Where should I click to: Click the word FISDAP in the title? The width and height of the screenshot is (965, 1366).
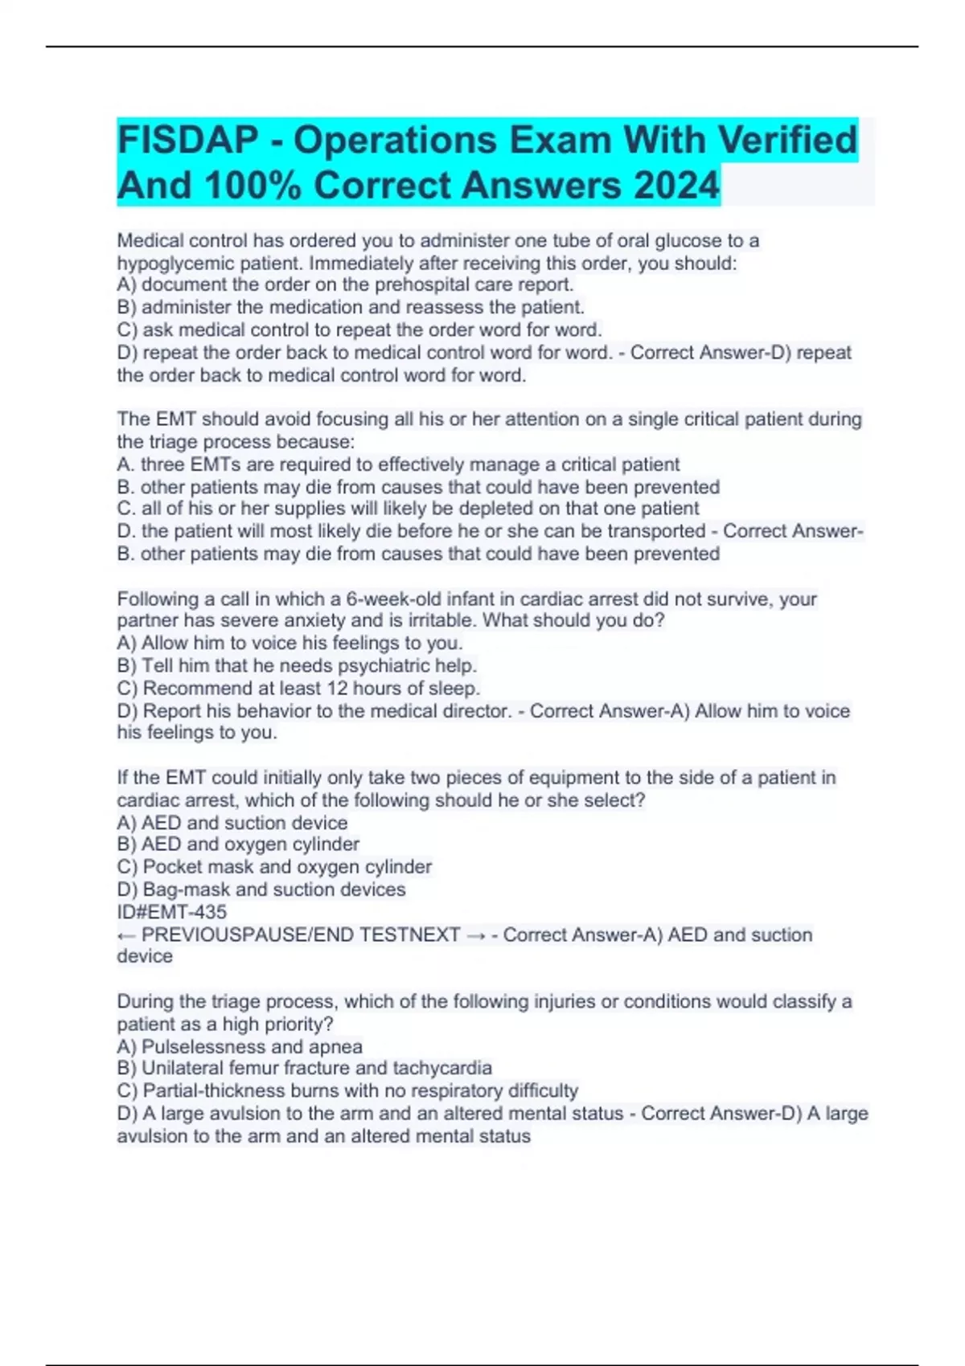(187, 141)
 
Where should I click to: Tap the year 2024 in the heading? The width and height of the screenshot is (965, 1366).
(676, 186)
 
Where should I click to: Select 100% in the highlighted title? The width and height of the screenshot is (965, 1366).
(253, 186)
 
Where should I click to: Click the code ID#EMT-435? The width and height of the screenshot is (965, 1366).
(172, 912)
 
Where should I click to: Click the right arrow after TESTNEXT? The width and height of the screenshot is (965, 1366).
(476, 935)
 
